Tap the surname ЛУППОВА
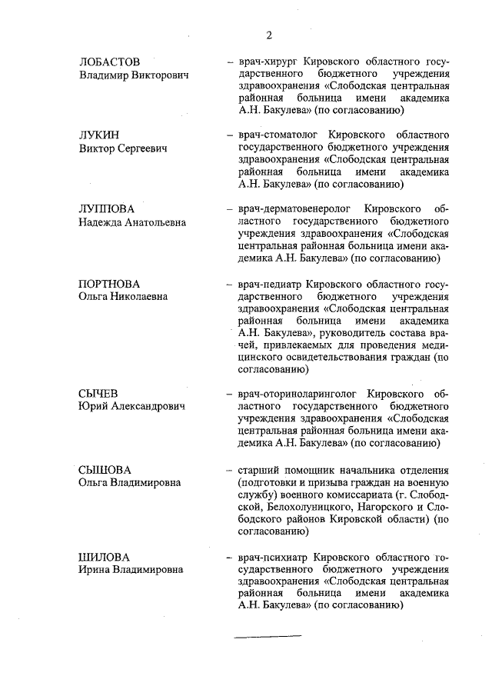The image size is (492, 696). click(106, 209)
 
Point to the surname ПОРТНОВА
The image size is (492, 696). click(109, 284)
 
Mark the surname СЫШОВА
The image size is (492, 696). click(105, 469)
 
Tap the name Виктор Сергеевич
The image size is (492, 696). click(122, 148)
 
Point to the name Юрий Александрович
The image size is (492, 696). click(132, 407)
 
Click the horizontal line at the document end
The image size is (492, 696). click(268, 636)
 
